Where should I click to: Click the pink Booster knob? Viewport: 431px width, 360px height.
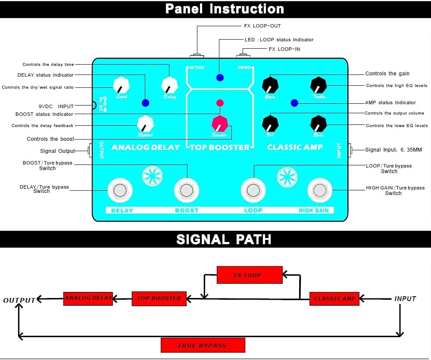point(219,124)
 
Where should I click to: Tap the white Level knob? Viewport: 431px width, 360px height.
point(121,85)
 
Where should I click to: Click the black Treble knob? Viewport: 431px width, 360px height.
point(319,85)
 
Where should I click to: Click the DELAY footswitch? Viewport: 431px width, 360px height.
point(119,190)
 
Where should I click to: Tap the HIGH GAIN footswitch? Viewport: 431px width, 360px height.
point(319,190)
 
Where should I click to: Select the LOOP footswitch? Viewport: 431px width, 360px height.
point(253,190)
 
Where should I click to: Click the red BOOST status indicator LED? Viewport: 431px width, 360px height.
point(220,103)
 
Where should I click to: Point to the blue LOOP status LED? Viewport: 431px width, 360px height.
point(220,78)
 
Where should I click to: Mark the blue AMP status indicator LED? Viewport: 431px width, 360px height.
point(294,103)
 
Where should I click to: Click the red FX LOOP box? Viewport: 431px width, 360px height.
point(249,275)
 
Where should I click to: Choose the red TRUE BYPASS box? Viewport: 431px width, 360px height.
point(203,345)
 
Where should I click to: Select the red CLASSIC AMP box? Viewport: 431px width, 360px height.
point(334,298)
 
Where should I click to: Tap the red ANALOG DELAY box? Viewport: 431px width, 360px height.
point(88,298)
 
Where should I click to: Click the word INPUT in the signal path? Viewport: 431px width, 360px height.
point(405,298)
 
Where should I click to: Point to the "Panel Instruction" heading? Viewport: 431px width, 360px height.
point(225,9)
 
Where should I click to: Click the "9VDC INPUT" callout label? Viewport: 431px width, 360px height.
point(56,106)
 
